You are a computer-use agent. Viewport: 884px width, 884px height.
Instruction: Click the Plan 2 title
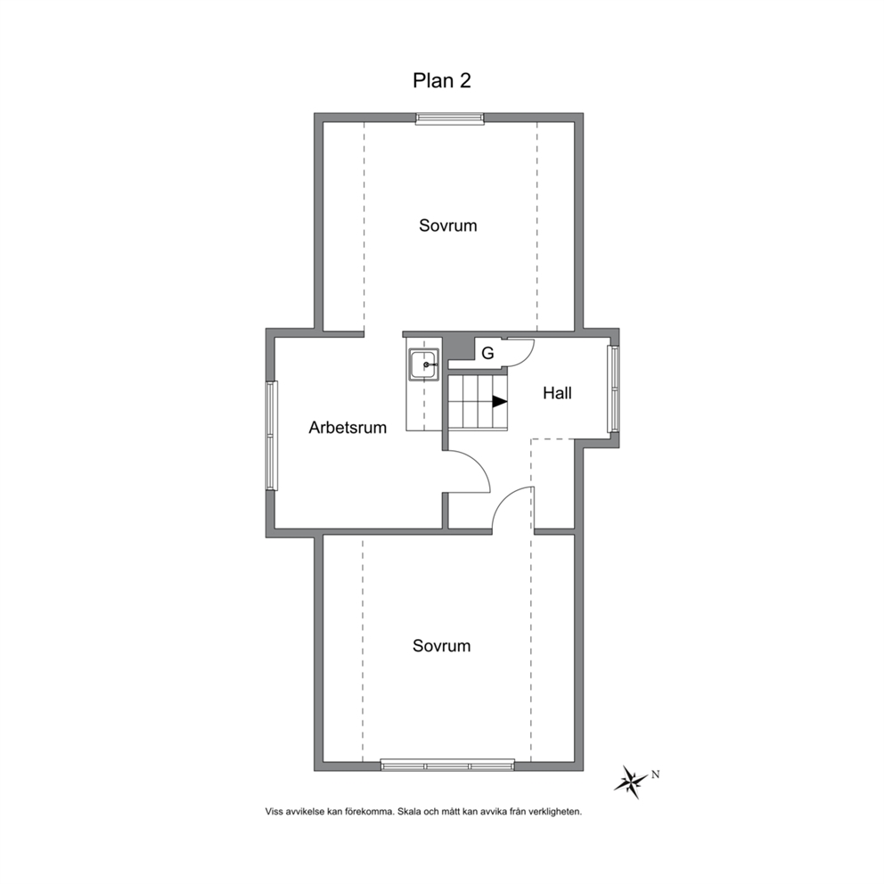click(x=441, y=80)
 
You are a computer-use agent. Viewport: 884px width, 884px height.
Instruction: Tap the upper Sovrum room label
click(x=447, y=225)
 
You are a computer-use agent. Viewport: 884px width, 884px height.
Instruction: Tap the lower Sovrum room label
click(x=441, y=645)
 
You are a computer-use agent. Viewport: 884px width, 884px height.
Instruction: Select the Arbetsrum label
click(x=348, y=428)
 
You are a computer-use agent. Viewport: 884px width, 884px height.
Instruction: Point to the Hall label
click(x=557, y=393)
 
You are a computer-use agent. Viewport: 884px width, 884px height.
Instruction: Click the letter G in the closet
click(x=487, y=353)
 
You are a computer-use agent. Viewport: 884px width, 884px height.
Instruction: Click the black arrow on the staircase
click(x=500, y=401)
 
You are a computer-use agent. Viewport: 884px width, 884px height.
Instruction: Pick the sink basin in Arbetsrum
click(x=424, y=364)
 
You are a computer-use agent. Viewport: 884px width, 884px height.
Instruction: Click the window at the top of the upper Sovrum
click(x=449, y=119)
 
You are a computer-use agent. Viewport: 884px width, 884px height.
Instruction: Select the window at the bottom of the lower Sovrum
click(x=447, y=765)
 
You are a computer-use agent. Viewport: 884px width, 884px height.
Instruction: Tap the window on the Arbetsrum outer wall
click(x=272, y=435)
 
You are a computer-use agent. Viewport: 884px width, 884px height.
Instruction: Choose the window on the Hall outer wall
click(x=613, y=389)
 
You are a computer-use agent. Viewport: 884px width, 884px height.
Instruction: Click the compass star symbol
click(x=631, y=782)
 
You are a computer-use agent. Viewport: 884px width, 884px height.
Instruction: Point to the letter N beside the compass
click(x=655, y=774)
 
